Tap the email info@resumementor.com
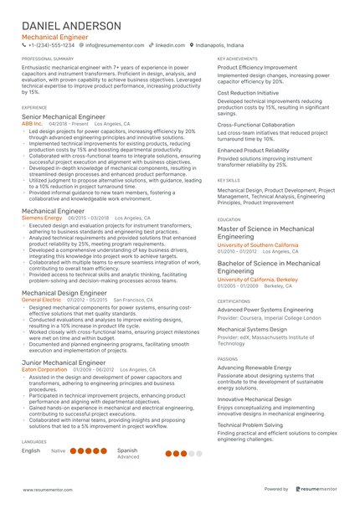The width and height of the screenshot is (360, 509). [x=114, y=45]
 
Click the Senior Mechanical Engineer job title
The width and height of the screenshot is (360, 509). [x=64, y=117]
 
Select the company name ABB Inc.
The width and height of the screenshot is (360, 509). [x=33, y=123]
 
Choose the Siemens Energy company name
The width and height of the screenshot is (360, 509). [x=41, y=218]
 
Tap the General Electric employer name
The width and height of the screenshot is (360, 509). [x=41, y=299]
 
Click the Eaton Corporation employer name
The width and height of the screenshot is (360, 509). [x=44, y=368]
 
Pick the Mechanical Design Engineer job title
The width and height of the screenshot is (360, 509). [x=64, y=293]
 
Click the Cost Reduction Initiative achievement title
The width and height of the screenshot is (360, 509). [x=249, y=94]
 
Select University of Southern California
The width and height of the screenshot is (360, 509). [x=258, y=245]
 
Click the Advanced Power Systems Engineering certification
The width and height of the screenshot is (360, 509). [x=265, y=310]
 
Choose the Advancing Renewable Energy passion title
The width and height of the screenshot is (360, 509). [x=255, y=368]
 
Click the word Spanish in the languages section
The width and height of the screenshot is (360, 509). [x=127, y=450]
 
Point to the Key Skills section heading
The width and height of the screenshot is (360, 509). [x=229, y=180]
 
